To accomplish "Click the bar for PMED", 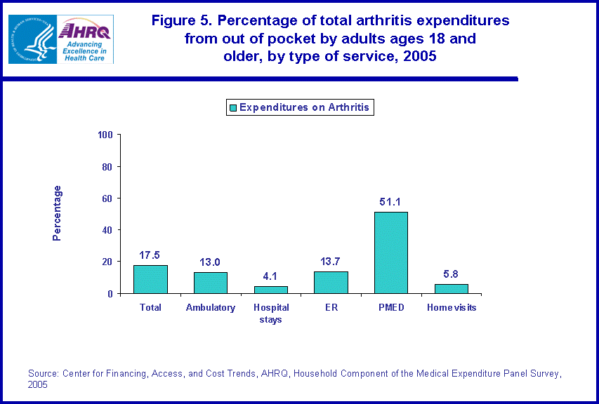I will pyautogui.click(x=390, y=252).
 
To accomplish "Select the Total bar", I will pyautogui.click(x=150, y=279).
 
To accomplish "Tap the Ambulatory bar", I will pyautogui.click(x=211, y=283).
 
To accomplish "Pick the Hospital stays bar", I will pyautogui.click(x=270, y=290).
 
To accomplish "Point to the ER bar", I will pyautogui.click(x=331, y=282).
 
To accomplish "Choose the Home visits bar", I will pyautogui.click(x=451, y=288).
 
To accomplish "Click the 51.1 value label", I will pyautogui.click(x=390, y=202).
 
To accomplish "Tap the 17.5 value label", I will pyautogui.click(x=150, y=255).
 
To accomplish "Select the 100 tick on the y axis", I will pyautogui.click(x=105, y=135).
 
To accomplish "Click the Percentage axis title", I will pyautogui.click(x=58, y=213).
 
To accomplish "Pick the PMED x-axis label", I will pyautogui.click(x=390, y=307).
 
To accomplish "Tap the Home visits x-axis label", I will pyautogui.click(x=451, y=307).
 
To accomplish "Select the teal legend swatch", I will pyautogui.click(x=232, y=108).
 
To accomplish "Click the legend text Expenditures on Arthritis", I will pyautogui.click(x=304, y=108).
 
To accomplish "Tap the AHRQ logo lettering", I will pyautogui.click(x=84, y=30).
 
